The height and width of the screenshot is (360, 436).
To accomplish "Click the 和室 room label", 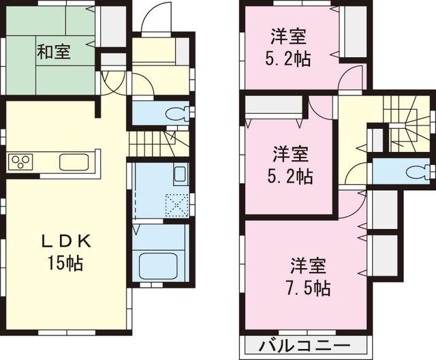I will pos(54,51).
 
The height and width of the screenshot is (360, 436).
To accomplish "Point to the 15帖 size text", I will pos(66,262).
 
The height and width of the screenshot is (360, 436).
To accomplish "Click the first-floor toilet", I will pos(174,113).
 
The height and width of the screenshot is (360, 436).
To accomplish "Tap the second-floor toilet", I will pos(414,171).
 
